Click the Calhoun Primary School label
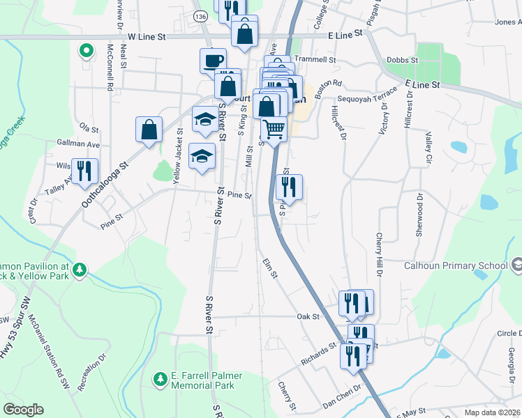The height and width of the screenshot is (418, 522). click(x=456, y=265)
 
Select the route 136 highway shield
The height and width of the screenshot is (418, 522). click(x=201, y=15)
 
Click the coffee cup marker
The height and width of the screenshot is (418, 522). click(x=213, y=60)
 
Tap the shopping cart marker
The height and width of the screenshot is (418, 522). click(x=274, y=128)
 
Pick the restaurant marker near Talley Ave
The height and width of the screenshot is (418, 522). click(x=84, y=171)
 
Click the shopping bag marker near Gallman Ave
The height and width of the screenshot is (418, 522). click(x=149, y=129)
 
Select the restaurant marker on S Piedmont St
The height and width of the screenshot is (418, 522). click(x=289, y=186)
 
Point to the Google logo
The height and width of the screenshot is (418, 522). click(x=24, y=409)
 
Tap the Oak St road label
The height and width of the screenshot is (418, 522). click(x=308, y=316)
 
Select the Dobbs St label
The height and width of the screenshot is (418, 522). click(x=402, y=61)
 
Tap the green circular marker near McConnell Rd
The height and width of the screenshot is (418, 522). click(x=87, y=51)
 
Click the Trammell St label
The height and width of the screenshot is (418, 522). click(x=315, y=61)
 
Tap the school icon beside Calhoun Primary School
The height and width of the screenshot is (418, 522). click(x=516, y=265)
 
